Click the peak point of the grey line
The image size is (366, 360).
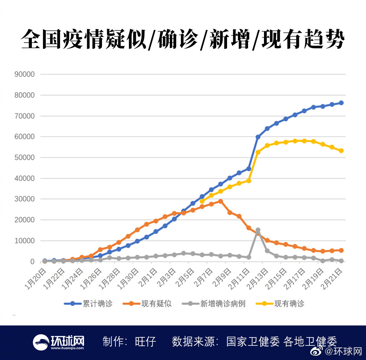click(x=258, y=230)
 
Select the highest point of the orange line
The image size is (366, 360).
click(x=221, y=201)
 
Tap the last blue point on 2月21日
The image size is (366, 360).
click(x=341, y=103)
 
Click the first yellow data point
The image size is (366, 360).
click(x=202, y=201)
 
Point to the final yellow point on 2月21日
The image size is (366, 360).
click(x=341, y=151)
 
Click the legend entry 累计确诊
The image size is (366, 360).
click(x=88, y=304)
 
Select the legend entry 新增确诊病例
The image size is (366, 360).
click(x=213, y=304)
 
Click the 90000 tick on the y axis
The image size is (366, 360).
click(x=25, y=74)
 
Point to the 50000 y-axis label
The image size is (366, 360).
click(x=25, y=157)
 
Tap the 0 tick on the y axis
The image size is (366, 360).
click(x=33, y=262)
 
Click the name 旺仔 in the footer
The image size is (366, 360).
click(x=145, y=341)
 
